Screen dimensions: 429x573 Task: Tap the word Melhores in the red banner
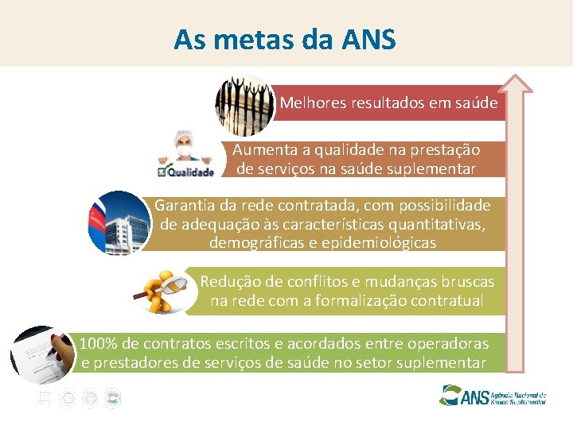(x=310, y=103)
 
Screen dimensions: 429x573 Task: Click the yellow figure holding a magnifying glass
(x=163, y=290)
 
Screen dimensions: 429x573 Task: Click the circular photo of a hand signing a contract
(x=41, y=354)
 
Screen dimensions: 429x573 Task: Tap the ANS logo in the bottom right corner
(x=493, y=395)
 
